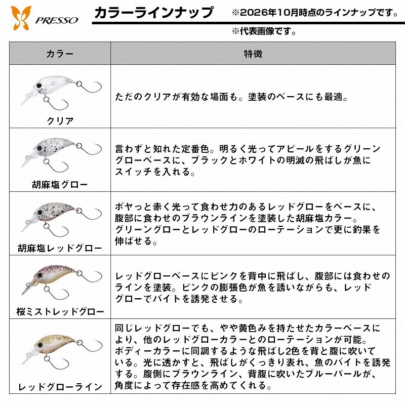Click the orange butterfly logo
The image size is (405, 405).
point(21,18)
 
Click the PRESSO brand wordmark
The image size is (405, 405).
point(57,20)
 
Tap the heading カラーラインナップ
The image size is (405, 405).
point(154,13)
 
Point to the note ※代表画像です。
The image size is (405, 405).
point(264,31)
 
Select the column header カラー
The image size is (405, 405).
point(60,54)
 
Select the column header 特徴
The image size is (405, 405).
point(253,54)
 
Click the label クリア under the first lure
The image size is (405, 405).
point(60,120)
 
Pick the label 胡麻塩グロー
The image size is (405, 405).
point(60,184)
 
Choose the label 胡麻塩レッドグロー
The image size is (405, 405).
point(60,248)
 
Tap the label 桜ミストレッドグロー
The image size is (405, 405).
point(60,311)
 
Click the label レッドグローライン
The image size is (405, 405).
point(60,387)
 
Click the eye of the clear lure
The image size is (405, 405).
point(39,85)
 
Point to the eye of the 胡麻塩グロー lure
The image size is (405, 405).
point(39,148)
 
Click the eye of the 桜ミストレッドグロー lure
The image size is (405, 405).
point(40,275)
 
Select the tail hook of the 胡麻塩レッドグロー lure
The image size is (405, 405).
point(89,214)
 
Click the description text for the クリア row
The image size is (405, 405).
point(231,97)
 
